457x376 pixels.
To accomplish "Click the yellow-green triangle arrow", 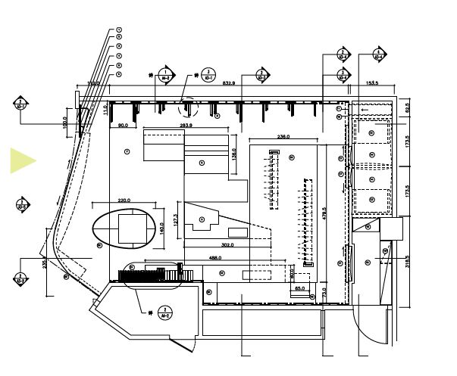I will pos(22,160).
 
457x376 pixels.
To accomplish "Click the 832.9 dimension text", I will pos(227,82).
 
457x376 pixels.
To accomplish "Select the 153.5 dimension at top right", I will pos(372,82).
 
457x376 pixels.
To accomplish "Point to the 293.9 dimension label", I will pos(185,125).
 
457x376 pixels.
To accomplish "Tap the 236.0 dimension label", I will pos(284,136).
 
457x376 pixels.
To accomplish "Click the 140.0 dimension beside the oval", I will pos(161,226).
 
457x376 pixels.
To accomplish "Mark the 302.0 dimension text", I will pos(227,245).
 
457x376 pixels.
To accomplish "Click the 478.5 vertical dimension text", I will pos(324,214).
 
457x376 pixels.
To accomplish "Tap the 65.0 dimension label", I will pos(299,288).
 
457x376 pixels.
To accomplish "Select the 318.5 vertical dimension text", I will pos(406,261).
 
